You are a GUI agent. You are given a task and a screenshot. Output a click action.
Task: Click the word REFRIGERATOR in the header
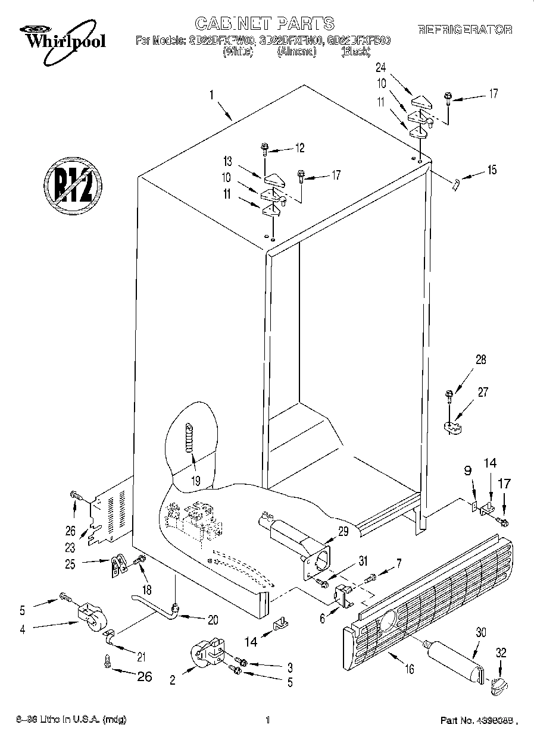click(x=464, y=30)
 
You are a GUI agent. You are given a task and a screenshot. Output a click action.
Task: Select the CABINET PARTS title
click(x=265, y=23)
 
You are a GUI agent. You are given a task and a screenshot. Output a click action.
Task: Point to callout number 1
click(x=213, y=95)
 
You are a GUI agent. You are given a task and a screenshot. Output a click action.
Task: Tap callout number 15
click(x=491, y=171)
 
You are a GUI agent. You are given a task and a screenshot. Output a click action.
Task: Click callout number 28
click(x=480, y=359)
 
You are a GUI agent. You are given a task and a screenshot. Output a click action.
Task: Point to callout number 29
click(x=343, y=532)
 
